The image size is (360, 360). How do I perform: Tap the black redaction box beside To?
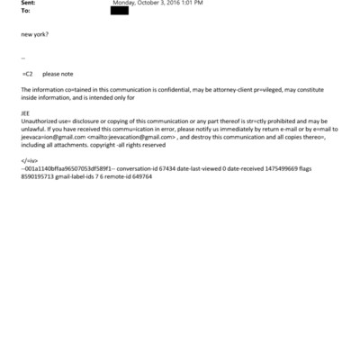click(x=120, y=12)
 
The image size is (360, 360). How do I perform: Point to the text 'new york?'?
click(x=35, y=34)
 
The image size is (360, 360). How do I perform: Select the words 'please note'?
click(x=58, y=75)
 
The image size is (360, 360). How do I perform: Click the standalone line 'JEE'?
click(x=25, y=112)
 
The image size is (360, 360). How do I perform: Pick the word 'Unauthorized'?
click(x=39, y=121)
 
